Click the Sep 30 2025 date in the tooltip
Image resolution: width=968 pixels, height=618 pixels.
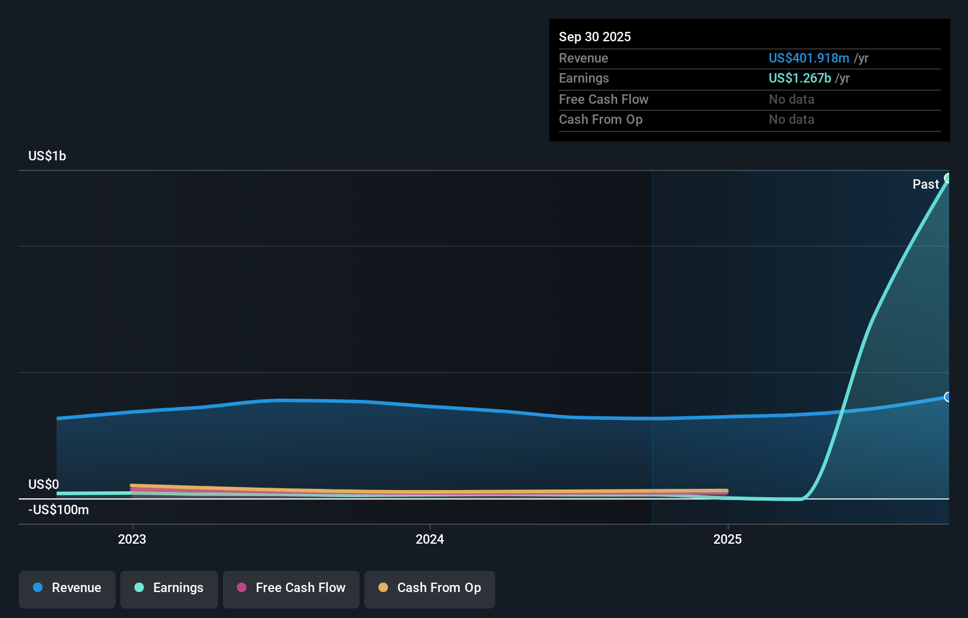(594, 37)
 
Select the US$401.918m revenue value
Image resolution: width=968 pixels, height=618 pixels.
(808, 58)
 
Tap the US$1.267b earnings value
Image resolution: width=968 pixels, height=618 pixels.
(799, 78)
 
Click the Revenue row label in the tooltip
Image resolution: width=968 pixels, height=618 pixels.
(583, 58)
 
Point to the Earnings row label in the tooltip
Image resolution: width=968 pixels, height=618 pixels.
(584, 78)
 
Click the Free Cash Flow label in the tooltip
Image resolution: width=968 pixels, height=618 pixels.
(603, 99)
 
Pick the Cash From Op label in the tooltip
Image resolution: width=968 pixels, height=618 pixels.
(600, 119)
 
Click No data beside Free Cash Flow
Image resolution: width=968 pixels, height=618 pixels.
(791, 99)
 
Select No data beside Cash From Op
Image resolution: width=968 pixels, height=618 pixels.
(791, 119)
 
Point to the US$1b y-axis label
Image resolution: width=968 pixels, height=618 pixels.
(47, 156)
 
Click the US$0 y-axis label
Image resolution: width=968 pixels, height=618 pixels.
(44, 484)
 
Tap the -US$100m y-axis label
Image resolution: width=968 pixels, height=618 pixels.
(58, 509)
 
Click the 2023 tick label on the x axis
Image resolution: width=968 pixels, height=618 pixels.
(132, 539)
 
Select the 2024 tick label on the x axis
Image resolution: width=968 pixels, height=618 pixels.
(430, 539)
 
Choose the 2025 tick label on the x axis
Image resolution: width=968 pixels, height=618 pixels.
(727, 539)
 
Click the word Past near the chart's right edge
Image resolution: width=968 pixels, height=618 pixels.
(925, 184)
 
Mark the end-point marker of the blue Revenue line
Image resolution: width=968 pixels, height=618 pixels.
(948, 397)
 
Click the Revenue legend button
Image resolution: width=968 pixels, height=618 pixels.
(67, 589)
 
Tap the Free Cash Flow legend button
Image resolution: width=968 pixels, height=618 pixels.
(291, 589)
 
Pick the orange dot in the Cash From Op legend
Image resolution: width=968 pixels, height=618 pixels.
(383, 587)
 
